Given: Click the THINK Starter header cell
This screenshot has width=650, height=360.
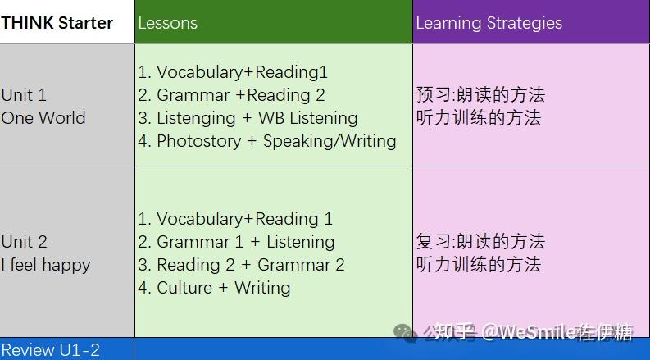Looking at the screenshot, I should [57, 22].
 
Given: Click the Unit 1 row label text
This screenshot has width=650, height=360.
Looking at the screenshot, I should [25, 95].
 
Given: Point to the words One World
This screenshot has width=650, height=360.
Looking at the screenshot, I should [43, 118].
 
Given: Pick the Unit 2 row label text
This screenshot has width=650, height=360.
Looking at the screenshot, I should [25, 242].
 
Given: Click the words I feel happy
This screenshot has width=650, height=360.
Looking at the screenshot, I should [46, 265].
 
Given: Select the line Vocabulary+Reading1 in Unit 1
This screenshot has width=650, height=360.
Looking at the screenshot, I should [233, 72].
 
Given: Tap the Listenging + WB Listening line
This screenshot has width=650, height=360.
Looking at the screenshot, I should [248, 118].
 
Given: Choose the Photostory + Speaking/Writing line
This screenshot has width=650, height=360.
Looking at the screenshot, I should [267, 141].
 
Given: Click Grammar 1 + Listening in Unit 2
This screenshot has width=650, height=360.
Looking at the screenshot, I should [236, 242].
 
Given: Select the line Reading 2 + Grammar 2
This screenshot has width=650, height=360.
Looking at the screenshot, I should [241, 265].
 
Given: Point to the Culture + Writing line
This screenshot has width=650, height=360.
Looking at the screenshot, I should [214, 288].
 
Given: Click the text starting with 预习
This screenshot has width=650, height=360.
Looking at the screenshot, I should [480, 95].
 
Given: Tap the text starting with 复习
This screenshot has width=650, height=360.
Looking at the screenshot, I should [480, 242].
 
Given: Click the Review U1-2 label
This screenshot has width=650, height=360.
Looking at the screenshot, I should [51, 350].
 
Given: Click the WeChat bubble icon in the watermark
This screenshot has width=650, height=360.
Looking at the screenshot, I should [405, 332].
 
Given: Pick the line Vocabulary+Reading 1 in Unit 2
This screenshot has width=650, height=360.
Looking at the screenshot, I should [235, 219].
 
